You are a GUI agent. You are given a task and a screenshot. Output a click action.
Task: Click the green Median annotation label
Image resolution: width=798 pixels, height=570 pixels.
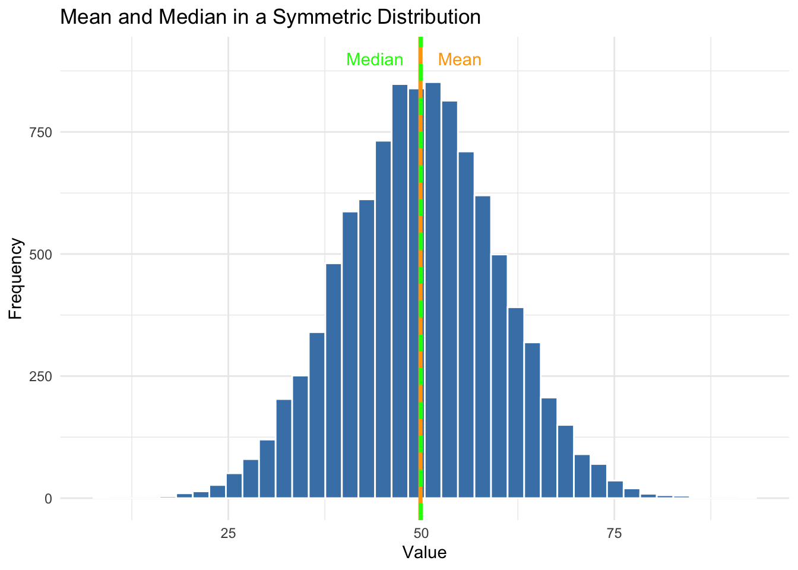pos(375,60)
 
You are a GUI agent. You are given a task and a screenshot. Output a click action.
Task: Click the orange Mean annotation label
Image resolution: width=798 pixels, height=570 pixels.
pos(459,60)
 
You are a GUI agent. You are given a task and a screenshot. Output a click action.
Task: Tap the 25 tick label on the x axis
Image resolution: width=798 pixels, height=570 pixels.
pos(229,532)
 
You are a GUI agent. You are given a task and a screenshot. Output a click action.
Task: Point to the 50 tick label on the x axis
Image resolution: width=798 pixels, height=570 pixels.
pos(421,532)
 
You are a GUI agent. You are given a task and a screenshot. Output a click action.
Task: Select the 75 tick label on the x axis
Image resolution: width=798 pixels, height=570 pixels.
pos(614,532)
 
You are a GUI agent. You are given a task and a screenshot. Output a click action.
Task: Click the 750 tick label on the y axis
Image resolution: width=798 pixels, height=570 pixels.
pos(41,132)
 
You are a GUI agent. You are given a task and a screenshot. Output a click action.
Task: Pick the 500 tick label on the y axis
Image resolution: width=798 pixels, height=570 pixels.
pos(41,254)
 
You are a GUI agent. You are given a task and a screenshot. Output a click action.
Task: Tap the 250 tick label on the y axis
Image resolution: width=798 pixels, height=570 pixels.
pos(41,376)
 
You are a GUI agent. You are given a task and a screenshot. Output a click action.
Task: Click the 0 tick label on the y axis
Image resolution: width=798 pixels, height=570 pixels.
pos(48,499)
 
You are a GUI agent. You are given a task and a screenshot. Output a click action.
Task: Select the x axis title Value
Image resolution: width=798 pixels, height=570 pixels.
pos(424,553)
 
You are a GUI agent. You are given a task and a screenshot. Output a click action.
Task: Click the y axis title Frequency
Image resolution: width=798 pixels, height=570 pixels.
pos(16,279)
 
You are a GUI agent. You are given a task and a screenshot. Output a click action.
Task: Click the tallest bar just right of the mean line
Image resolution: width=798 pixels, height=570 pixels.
pos(433,291)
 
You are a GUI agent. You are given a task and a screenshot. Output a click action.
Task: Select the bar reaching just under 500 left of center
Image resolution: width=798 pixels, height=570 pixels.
pos(334,380)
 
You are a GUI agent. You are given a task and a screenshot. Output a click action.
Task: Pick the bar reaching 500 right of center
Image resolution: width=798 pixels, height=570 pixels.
pos(499,376)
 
